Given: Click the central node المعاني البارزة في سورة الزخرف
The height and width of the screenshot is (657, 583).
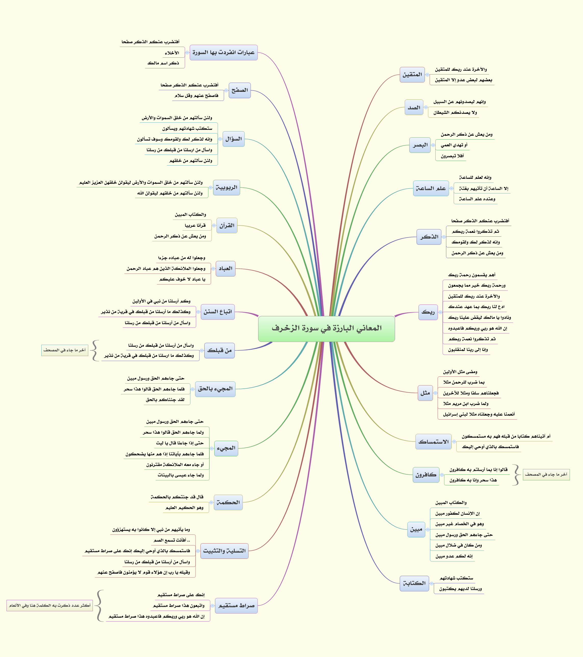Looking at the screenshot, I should click(x=326, y=328).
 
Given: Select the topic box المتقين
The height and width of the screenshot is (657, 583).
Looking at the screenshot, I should click(x=412, y=74).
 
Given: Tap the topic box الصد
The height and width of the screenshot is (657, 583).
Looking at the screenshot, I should click(x=414, y=108).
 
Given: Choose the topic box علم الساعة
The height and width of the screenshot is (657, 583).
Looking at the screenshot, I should click(x=431, y=188).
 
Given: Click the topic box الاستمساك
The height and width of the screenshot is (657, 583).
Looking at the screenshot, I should click(x=433, y=442).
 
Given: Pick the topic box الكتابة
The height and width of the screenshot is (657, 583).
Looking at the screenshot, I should click(x=414, y=583).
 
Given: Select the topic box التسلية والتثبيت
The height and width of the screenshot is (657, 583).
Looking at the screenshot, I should click(x=224, y=551).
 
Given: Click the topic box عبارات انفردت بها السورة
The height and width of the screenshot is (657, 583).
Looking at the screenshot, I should click(x=223, y=52).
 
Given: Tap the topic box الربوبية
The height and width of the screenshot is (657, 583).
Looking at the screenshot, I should click(x=226, y=187).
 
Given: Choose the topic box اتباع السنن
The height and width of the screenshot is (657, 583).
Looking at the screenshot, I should click(x=218, y=312).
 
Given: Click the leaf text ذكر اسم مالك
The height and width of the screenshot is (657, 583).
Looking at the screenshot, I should click(x=163, y=63).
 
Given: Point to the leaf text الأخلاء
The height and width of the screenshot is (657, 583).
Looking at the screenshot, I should click(x=172, y=53).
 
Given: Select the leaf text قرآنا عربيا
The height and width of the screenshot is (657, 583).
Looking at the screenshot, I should click(x=195, y=226).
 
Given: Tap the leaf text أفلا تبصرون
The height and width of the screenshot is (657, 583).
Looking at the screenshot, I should click(x=452, y=156).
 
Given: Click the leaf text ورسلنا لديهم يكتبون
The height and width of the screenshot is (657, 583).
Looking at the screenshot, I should click(x=460, y=589).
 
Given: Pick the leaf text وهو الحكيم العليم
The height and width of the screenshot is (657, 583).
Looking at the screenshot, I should click(x=184, y=508).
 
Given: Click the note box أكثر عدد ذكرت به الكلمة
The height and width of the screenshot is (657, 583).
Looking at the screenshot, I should click(x=49, y=605).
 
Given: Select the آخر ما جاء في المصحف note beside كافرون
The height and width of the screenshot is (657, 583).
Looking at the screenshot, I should click(x=546, y=474).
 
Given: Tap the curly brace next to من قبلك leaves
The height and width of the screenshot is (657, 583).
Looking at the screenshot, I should click(x=95, y=351).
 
